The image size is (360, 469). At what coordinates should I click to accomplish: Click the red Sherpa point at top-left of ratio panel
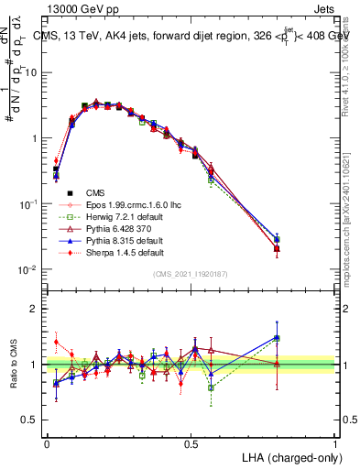pyautogui.click(x=56, y=342)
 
